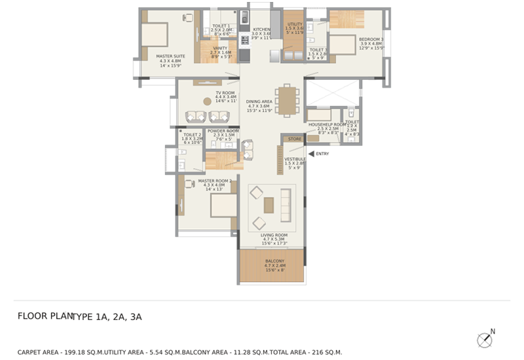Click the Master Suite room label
pyautogui.click(x=170, y=56)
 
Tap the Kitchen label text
pyautogui.click(x=261, y=29)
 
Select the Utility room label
pyautogui.click(x=295, y=24)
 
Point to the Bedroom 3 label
pyautogui.click(x=371, y=39)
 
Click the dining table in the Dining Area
pyautogui.click(x=286, y=101)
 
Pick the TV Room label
pyautogui.click(x=225, y=93)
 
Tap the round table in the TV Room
pyautogui.click(x=207, y=101)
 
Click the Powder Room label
pyautogui.click(x=223, y=131)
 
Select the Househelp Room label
pyautogui.click(x=327, y=124)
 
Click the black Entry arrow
pyautogui.click(x=310, y=154)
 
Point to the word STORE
pyautogui.click(x=295, y=139)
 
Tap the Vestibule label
pyautogui.click(x=295, y=158)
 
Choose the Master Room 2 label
pyautogui.click(x=215, y=181)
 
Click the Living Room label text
pyautogui.click(x=274, y=235)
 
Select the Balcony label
pyautogui.click(x=274, y=262)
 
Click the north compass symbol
pyautogui.click(x=485, y=339)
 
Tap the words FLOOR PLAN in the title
pyautogui.click(x=45, y=316)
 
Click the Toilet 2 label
pyautogui.click(x=192, y=135)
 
